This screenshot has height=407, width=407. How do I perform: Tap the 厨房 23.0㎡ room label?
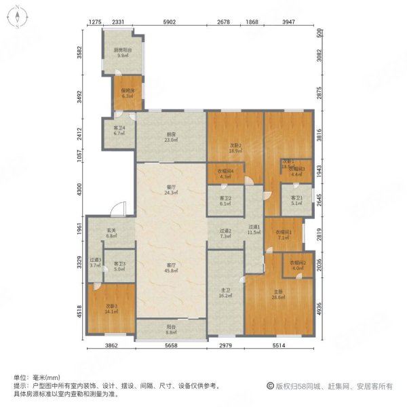[x=172, y=136]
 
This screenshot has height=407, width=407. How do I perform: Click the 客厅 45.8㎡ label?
[x=172, y=268]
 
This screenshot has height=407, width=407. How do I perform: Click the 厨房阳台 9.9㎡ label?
[x=122, y=54]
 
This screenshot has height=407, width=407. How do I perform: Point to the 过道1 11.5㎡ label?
[x=254, y=230]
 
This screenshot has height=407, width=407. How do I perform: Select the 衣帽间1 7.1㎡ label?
[x=283, y=235]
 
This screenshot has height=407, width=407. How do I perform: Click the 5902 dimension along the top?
[x=169, y=22]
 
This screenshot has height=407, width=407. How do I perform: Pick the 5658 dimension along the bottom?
[x=171, y=347]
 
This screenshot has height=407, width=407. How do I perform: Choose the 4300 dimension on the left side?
[x=81, y=191]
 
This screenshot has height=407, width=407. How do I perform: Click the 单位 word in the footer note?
[x=19, y=377]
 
